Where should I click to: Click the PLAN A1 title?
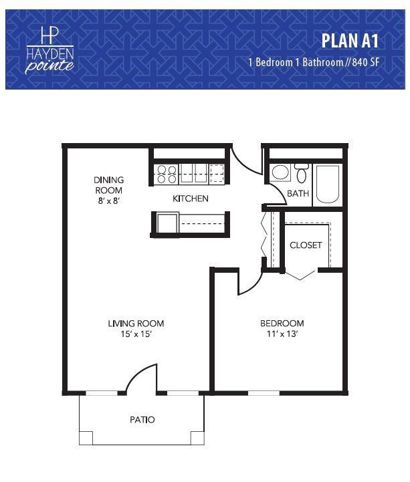click(350, 41)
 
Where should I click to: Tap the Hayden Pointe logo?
click(49, 51)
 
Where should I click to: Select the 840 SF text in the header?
click(366, 62)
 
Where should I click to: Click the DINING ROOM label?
click(108, 185)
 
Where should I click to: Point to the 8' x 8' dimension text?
click(108, 201)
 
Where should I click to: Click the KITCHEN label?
click(191, 199)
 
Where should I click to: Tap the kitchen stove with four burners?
click(167, 174)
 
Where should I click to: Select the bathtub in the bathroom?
click(328, 185)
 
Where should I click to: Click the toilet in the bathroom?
click(302, 173)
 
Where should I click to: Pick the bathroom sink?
click(280, 172)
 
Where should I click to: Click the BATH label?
click(298, 194)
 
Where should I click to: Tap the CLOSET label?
click(306, 245)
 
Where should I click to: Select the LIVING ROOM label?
click(136, 324)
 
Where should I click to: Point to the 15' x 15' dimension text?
click(136, 334)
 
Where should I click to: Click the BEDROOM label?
click(282, 324)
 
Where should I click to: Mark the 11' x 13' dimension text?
click(282, 334)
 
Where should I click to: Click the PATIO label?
click(142, 420)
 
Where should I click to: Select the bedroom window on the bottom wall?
click(264, 393)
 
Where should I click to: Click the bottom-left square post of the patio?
click(86, 438)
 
